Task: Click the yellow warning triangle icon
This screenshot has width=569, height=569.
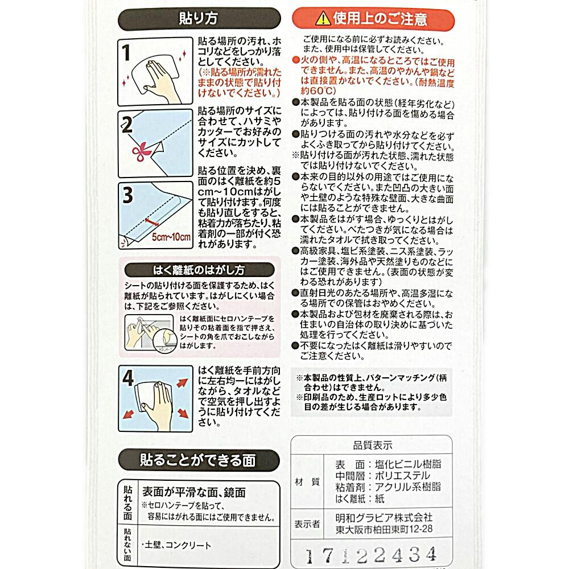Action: pyautogui.click(x=323, y=18)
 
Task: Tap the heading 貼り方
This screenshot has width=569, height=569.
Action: pyautogui.click(x=199, y=18)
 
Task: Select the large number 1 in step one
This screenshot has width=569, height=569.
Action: pyautogui.click(x=126, y=52)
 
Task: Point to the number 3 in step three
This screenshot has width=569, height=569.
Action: pyautogui.click(x=127, y=195)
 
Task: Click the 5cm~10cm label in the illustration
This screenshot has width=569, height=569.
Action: pyautogui.click(x=171, y=237)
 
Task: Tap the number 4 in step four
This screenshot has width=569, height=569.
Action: pyautogui.click(x=127, y=378)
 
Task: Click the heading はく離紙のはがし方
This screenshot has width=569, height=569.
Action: pyautogui.click(x=199, y=270)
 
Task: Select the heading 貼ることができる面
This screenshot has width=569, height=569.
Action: pyautogui.click(x=198, y=460)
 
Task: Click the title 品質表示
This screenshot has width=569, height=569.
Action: pyautogui.click(x=373, y=445)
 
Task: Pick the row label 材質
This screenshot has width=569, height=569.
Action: pyautogui.click(x=307, y=481)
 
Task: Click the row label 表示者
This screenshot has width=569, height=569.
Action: pyautogui.click(x=307, y=523)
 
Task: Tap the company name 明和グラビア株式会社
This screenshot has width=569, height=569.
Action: pyautogui.click(x=384, y=517)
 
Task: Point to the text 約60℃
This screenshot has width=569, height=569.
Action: pyautogui.click(x=318, y=90)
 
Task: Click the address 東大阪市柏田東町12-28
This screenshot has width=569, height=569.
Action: pyautogui.click(x=384, y=529)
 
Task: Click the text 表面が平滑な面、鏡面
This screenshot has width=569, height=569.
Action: pyautogui.click(x=194, y=492)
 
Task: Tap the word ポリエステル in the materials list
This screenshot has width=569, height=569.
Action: pyautogui.click(x=402, y=475)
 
